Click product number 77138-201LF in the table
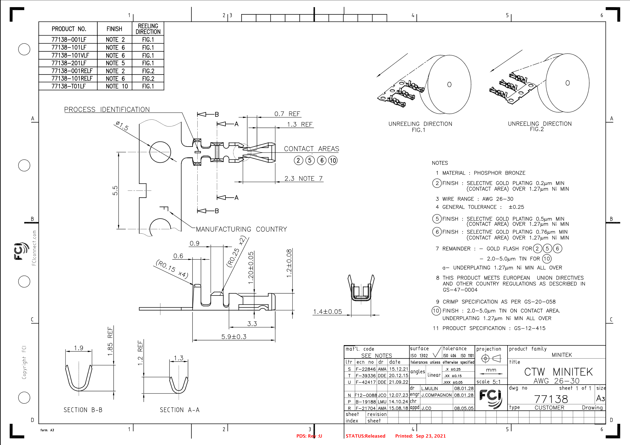click(x=69, y=63)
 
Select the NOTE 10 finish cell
click(x=116, y=86)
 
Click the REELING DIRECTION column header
click(x=148, y=29)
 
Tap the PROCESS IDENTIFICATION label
click(x=107, y=110)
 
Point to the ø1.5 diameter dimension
click(x=122, y=126)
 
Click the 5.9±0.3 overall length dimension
click(x=234, y=337)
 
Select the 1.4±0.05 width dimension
click(x=327, y=312)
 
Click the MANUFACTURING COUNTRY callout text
click(x=241, y=229)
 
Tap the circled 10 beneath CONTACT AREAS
click(x=333, y=161)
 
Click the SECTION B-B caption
click(x=83, y=410)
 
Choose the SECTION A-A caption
click(x=180, y=410)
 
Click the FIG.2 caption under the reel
click(x=537, y=129)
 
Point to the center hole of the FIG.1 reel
click(x=449, y=85)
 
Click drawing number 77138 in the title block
click(x=551, y=399)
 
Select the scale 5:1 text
click(x=488, y=382)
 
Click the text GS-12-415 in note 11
click(x=530, y=328)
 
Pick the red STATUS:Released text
click(x=365, y=436)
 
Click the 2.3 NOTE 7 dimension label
click(x=303, y=179)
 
